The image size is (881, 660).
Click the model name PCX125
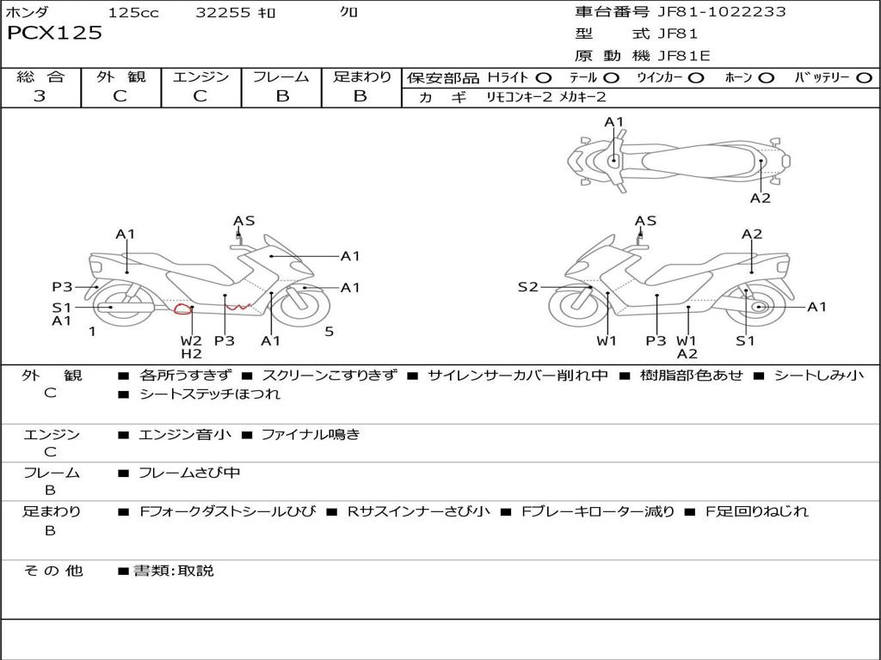[x=54, y=34]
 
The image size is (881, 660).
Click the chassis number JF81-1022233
[x=709, y=12]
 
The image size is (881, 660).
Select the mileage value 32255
[x=223, y=13]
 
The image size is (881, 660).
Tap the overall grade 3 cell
[x=40, y=96]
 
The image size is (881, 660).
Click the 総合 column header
[x=40, y=76]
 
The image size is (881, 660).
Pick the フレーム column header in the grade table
[x=281, y=76]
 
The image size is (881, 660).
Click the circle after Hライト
[x=544, y=77]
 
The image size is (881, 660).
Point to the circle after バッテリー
[x=864, y=77]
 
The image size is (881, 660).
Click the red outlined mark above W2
[x=182, y=309]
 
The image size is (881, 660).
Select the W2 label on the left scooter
[x=191, y=340]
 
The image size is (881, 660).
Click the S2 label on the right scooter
[x=527, y=287]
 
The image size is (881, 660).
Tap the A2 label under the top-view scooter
[x=760, y=199]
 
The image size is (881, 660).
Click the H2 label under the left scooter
[x=191, y=354]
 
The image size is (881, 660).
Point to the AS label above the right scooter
[x=645, y=221]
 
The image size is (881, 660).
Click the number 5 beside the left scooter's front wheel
[x=329, y=332]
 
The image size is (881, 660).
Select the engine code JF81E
[x=685, y=57]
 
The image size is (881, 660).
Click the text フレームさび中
[x=189, y=473]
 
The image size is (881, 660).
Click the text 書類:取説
[x=173, y=571]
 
